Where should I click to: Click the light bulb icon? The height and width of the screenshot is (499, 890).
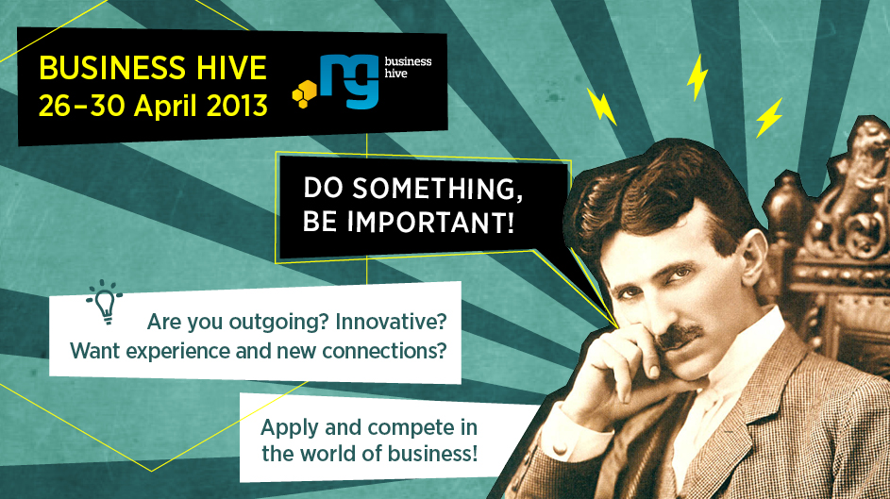coord(105,302)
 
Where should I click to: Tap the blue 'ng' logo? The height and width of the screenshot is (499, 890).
coord(349,81)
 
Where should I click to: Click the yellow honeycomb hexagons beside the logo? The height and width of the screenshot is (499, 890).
coord(305,93)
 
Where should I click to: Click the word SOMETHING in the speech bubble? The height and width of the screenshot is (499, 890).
coord(438,189)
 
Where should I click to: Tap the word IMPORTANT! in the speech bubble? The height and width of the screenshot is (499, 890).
coord(430,222)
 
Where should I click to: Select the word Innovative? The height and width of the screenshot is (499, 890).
coord(391,322)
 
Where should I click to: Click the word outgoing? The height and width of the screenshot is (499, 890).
coord(279,323)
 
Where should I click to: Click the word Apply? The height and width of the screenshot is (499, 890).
coord(290,428)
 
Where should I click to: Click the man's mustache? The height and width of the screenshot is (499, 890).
coord(679,337)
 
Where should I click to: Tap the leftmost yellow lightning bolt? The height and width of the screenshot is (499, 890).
coord(601,106)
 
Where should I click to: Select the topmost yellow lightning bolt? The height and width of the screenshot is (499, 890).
coord(697,77)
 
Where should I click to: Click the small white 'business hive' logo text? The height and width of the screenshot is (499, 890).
coord(408,67)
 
